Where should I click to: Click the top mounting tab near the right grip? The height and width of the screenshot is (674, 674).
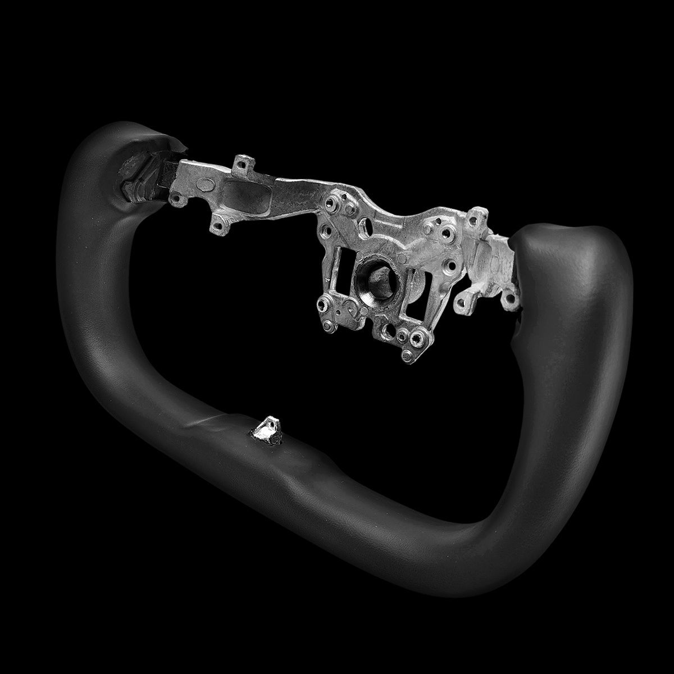coord(477,216)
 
